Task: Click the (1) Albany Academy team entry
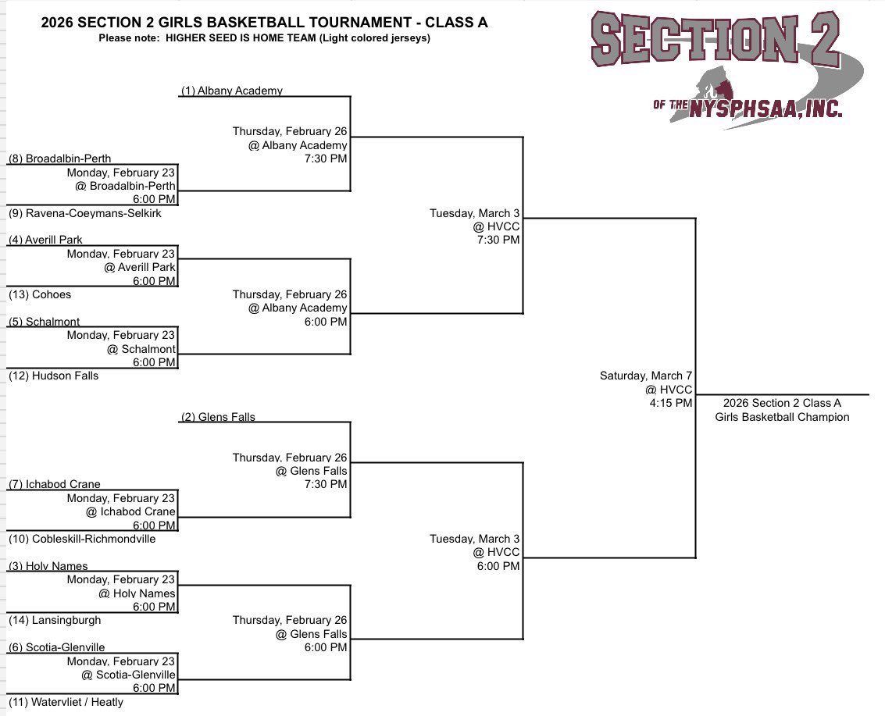tap(231, 91)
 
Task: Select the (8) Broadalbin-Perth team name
tap(59, 159)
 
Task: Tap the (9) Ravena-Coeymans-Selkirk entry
tap(85, 213)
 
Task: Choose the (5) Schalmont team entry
tap(45, 322)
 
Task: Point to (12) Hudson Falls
tap(54, 376)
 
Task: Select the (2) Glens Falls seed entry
tap(218, 417)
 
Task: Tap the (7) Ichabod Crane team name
tap(55, 484)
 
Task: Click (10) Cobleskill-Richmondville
tap(82, 539)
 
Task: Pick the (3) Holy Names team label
tap(48, 566)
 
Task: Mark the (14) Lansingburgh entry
tap(55, 620)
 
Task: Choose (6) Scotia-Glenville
tap(56, 647)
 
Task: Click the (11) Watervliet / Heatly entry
tap(66, 702)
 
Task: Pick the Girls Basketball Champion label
tap(782, 417)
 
